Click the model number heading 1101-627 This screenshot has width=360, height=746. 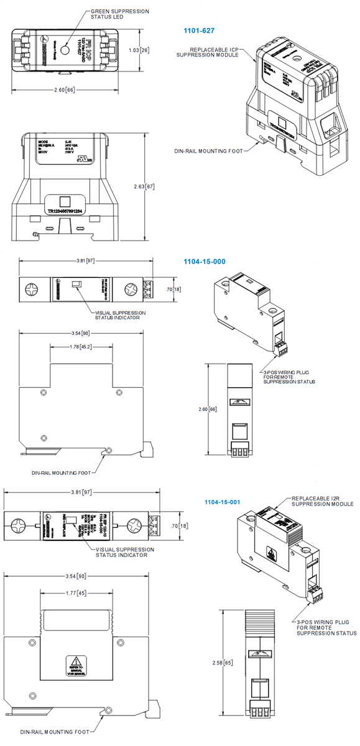click(x=199, y=30)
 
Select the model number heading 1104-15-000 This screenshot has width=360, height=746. click(x=204, y=262)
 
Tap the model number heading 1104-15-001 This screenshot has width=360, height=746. click(x=223, y=501)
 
